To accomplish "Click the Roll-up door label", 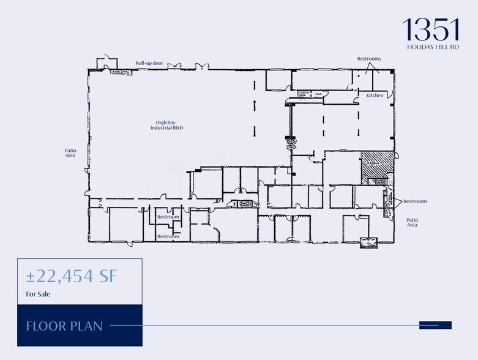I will (x=149, y=62).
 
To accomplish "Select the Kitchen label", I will (x=375, y=96).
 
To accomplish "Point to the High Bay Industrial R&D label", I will (x=167, y=126).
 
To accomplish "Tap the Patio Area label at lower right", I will (x=412, y=222).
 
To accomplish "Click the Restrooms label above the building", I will (x=369, y=59).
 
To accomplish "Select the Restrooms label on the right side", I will (x=415, y=201).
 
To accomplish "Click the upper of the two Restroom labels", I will (x=168, y=217).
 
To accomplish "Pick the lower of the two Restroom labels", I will (x=168, y=236).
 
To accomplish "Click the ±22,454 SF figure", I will (x=71, y=277).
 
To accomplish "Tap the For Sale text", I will (x=38, y=294).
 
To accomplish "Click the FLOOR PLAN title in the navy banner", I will (x=64, y=325).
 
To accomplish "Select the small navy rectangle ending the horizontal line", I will (x=435, y=325).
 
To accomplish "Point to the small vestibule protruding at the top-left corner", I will (x=105, y=63).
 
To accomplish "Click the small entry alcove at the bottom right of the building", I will (x=368, y=242).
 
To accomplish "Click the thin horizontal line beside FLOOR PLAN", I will (x=263, y=325).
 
